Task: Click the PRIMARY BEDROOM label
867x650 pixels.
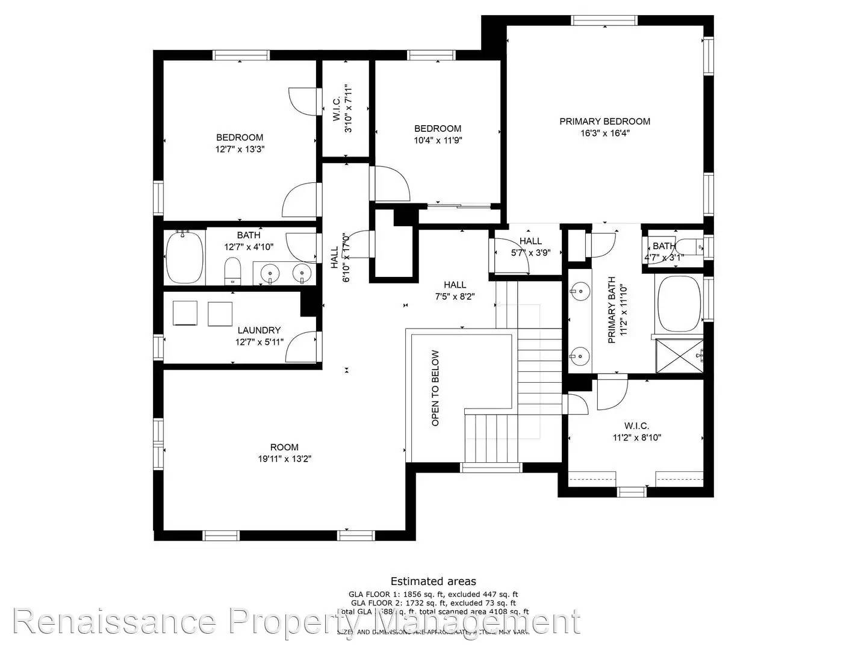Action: click(604, 122)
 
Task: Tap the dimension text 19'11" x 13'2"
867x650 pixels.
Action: click(284, 459)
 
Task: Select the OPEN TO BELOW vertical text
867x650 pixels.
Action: click(435, 388)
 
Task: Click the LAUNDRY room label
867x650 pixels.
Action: click(259, 330)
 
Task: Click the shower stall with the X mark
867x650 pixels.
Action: click(679, 357)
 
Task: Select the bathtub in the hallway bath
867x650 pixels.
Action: click(184, 257)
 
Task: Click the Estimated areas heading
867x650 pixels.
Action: click(433, 581)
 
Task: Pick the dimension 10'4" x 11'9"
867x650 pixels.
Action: click(438, 140)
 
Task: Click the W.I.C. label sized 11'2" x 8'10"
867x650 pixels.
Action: click(636, 426)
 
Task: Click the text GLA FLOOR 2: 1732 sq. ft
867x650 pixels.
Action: click(433, 602)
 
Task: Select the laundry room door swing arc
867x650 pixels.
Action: click(300, 347)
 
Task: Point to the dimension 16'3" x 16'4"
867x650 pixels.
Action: click(604, 133)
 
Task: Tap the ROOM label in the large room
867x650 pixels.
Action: click(284, 447)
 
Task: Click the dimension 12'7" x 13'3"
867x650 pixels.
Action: click(240, 149)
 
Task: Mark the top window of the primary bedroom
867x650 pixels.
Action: click(604, 20)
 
